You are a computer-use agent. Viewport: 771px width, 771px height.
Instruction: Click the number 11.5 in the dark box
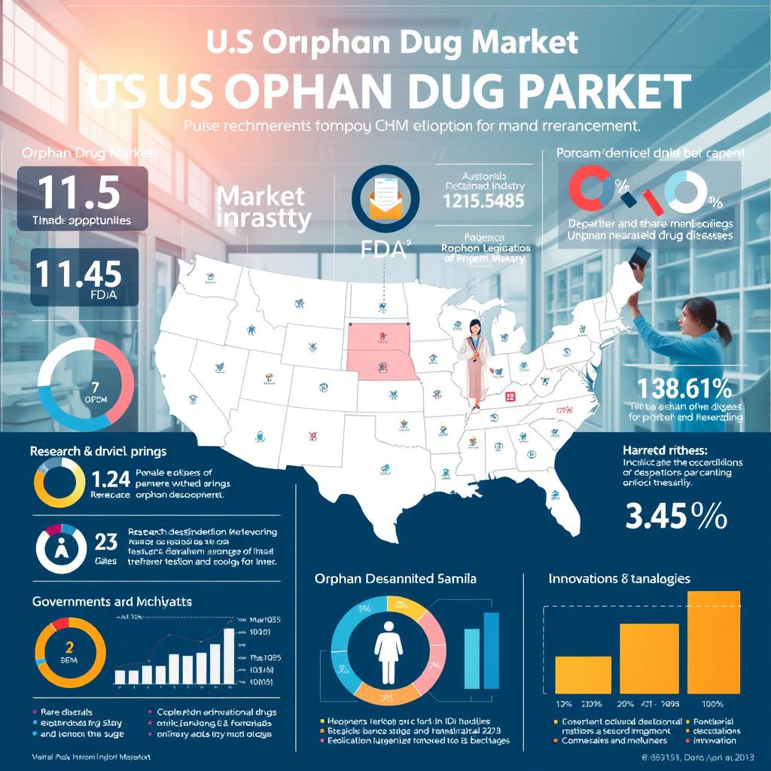click(78, 193)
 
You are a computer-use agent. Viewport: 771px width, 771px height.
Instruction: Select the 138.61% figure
click(684, 389)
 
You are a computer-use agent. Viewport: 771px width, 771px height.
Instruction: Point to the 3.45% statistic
click(675, 519)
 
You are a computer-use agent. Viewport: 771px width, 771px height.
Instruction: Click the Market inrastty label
click(262, 208)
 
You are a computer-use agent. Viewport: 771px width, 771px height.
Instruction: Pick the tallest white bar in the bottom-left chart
click(229, 654)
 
